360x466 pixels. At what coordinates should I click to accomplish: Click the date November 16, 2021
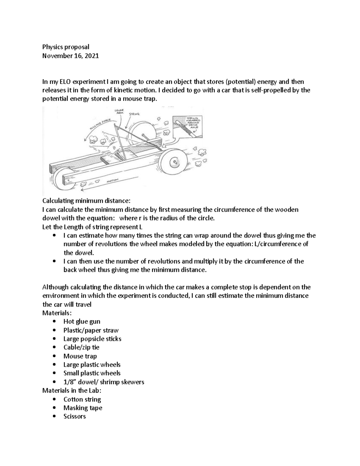point(70,56)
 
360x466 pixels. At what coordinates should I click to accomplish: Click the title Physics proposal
point(66,47)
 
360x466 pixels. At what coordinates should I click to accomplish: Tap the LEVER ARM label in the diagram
point(119,112)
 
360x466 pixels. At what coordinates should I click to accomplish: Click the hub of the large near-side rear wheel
point(174,162)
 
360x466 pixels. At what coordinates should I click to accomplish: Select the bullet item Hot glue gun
point(82,321)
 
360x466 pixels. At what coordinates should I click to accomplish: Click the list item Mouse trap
point(80,356)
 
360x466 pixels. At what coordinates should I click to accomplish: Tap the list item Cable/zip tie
point(81,347)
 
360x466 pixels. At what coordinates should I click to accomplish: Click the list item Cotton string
point(82,399)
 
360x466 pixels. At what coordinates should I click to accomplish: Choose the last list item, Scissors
point(74,416)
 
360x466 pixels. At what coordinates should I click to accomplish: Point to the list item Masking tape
point(82,408)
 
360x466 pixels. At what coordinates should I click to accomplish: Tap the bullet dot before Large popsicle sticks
point(54,339)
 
